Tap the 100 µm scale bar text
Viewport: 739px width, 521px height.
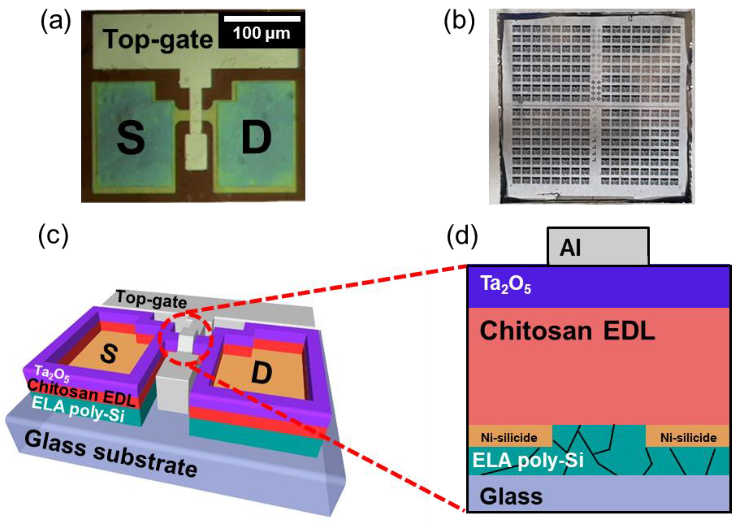[x=261, y=33]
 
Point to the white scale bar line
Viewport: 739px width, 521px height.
[x=262, y=19]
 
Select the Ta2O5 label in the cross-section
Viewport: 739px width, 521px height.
[x=505, y=285]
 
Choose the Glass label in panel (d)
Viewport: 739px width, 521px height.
[x=511, y=496]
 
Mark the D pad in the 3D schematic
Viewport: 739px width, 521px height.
[x=261, y=374]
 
